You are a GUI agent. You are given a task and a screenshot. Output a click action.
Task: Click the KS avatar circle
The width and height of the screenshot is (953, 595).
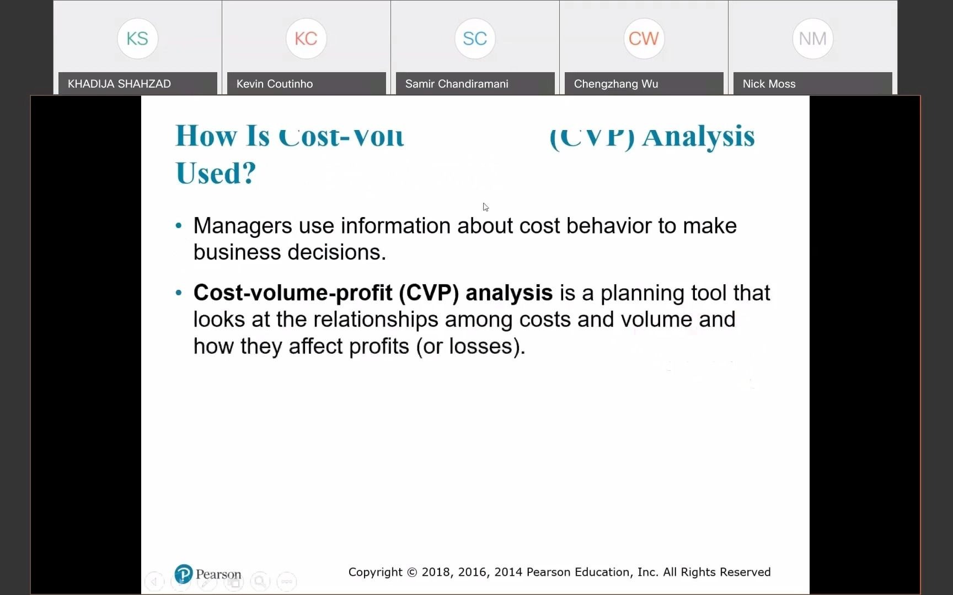[137, 39]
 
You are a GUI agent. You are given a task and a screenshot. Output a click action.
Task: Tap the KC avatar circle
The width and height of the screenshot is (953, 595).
[306, 39]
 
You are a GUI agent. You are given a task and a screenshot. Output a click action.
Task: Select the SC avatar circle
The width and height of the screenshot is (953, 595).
[475, 39]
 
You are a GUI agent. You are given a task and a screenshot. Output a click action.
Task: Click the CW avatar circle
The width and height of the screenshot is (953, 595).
[644, 39]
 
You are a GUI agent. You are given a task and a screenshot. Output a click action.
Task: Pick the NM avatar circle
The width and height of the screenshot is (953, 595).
[812, 39]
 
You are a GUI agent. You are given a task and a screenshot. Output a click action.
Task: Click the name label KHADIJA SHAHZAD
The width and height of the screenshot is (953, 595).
[119, 84]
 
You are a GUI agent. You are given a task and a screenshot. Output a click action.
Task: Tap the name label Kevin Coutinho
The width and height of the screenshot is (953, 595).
[275, 84]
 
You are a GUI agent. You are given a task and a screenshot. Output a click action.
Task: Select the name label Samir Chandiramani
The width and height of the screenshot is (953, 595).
[457, 84]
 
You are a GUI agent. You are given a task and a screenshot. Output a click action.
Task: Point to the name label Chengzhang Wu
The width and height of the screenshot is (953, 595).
[616, 84]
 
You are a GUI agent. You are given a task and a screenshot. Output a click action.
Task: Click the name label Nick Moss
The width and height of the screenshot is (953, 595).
[769, 84]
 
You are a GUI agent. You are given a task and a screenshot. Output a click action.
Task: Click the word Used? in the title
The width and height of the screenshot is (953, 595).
[216, 173]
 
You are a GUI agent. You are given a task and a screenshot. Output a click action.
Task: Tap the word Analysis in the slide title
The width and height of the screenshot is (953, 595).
[698, 136]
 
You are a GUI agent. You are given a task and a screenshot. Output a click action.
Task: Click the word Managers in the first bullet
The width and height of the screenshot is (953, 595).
[243, 226]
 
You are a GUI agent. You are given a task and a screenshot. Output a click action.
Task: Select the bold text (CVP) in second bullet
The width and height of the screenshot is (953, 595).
[429, 293]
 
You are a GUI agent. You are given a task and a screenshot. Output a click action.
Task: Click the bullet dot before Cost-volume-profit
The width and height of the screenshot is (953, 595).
[178, 293]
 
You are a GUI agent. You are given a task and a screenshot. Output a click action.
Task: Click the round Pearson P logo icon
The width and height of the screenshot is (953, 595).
[184, 574]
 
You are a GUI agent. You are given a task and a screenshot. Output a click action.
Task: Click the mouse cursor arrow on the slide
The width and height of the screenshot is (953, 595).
[485, 207]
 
